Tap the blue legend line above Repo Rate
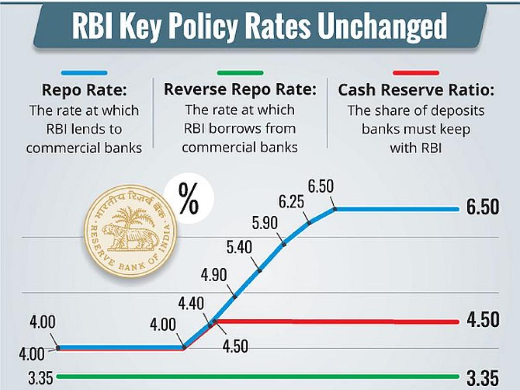(x=84, y=73)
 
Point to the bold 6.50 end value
(x=483, y=208)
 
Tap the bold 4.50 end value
(x=483, y=321)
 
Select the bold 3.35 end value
(x=483, y=378)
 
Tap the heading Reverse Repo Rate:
(x=240, y=90)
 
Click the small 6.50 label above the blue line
(x=321, y=187)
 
